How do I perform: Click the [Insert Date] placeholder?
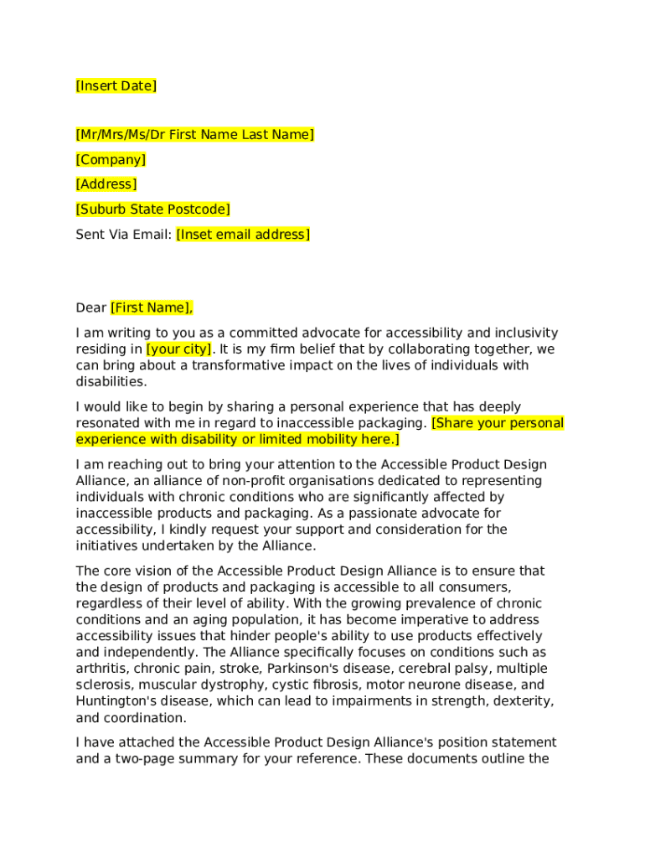point(116,86)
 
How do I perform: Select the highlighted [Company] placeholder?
point(111,160)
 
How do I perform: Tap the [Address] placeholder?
point(106,184)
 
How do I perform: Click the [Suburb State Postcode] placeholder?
point(152,209)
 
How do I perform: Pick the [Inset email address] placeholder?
point(242,235)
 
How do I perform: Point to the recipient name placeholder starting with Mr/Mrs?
point(194,135)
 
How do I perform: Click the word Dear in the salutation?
point(90,308)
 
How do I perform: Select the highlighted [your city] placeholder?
point(179,349)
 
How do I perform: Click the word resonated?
point(106,423)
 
